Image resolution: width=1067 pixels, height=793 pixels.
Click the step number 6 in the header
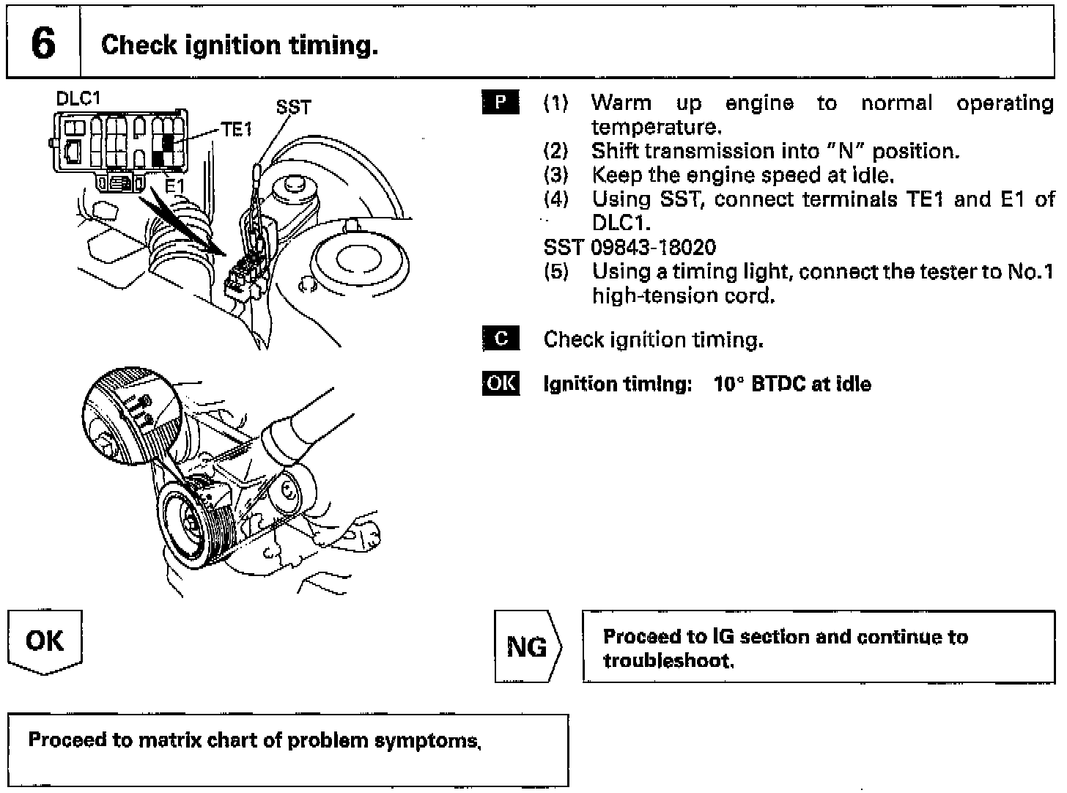[x=43, y=44]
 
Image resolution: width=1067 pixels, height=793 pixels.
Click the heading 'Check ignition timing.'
[x=240, y=45]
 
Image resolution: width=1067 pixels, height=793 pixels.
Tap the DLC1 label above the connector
[x=78, y=98]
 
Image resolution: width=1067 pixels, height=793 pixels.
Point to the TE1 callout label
[x=237, y=130]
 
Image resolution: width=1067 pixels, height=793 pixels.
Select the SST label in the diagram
[x=293, y=107]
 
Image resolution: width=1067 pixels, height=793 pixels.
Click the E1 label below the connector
[x=174, y=186]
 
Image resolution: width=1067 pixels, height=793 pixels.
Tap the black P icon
[x=501, y=103]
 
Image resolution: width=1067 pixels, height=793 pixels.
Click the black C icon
[x=501, y=339]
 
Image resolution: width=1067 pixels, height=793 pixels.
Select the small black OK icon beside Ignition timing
[x=501, y=383]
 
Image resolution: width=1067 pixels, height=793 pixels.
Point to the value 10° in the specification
[x=729, y=384]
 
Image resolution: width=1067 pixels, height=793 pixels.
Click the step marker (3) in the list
[x=555, y=175]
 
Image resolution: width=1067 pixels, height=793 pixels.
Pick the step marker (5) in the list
[x=555, y=272]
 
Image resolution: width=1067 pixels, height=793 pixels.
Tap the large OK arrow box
[x=45, y=641]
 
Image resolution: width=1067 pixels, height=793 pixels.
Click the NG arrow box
[x=527, y=646]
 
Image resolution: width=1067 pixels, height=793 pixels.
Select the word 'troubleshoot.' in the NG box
[x=668, y=661]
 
